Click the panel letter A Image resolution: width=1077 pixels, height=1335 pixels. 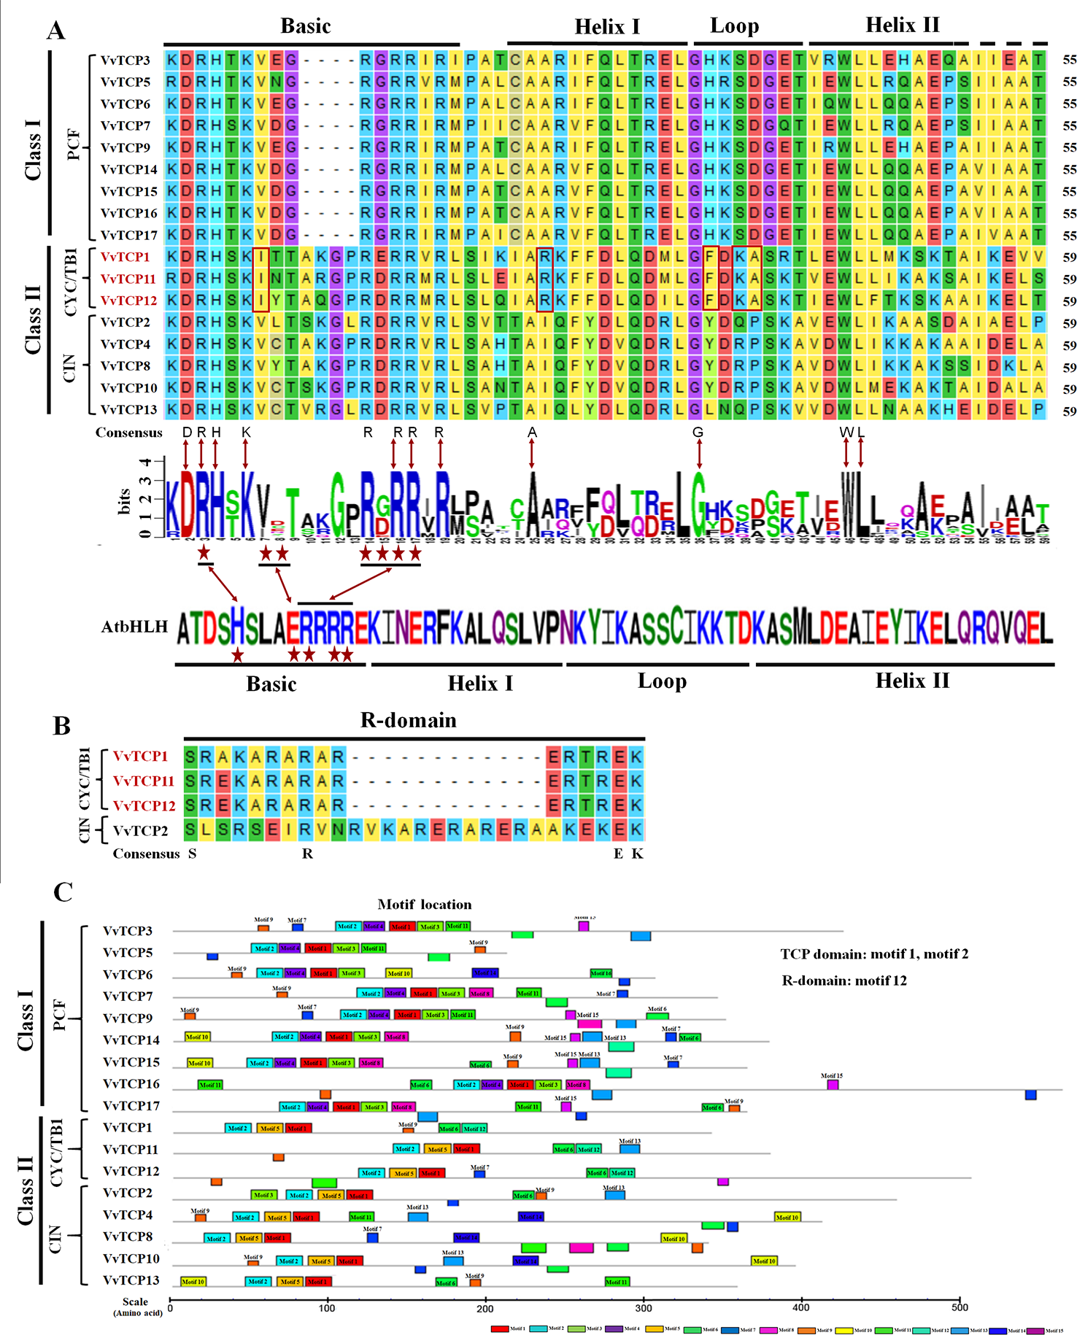(x=55, y=30)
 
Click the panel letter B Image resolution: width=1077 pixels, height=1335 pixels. (x=61, y=726)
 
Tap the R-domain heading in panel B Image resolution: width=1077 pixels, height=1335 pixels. (x=408, y=721)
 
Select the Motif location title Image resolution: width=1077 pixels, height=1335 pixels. (x=425, y=905)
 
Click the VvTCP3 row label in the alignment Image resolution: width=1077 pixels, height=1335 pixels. (x=126, y=60)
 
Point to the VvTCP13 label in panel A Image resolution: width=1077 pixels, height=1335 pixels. (x=129, y=410)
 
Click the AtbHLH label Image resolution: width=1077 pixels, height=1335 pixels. (x=135, y=627)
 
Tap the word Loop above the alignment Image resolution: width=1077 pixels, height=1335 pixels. (x=734, y=26)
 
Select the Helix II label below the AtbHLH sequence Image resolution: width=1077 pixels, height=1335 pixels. (x=912, y=681)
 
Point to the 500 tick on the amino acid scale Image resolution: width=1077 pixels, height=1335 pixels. (x=960, y=1307)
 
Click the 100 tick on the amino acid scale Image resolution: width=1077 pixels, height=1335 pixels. (x=328, y=1307)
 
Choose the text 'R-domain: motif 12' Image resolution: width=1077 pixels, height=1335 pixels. (x=844, y=980)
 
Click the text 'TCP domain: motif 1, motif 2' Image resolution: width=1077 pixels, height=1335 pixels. (x=874, y=954)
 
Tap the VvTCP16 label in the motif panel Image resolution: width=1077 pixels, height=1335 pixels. (x=131, y=1084)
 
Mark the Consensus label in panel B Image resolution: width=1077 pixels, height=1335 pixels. (x=146, y=854)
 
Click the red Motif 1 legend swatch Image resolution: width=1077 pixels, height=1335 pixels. (x=500, y=1329)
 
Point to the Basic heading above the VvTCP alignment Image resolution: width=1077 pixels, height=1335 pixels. (x=306, y=26)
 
